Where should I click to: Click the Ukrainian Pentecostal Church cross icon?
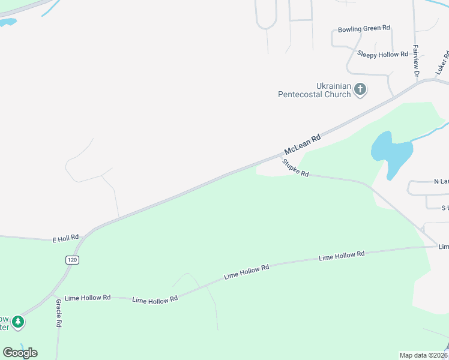[x=360, y=90]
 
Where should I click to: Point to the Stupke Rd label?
[x=295, y=167]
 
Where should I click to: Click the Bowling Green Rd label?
[x=364, y=28]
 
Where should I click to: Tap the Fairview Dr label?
[x=415, y=60]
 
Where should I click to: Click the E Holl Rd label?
[x=66, y=238]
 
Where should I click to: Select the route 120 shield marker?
[x=72, y=260]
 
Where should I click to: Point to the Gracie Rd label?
[x=59, y=313]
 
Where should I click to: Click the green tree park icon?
[x=19, y=322]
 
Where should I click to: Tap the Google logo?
[x=20, y=353]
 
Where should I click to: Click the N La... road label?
[x=441, y=181]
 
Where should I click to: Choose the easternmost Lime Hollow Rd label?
[x=342, y=256]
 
